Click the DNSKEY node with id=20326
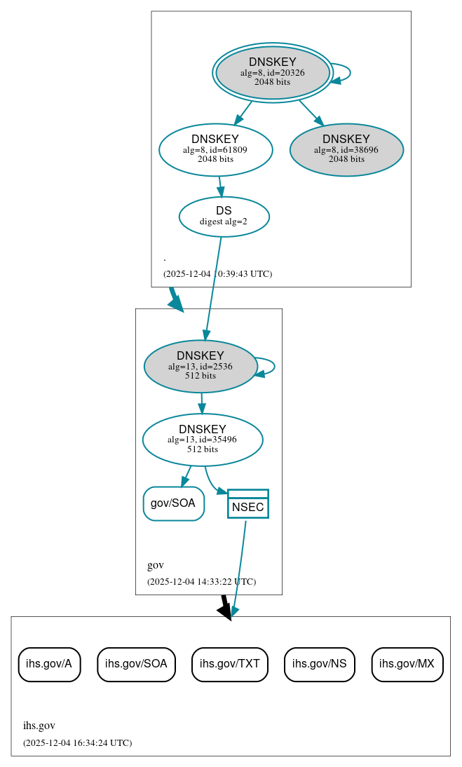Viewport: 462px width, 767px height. click(273, 73)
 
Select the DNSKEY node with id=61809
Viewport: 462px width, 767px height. click(215, 149)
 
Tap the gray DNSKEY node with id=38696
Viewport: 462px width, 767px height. click(346, 149)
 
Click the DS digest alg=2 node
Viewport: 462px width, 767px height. click(224, 216)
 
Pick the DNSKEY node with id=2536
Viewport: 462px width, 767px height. click(201, 366)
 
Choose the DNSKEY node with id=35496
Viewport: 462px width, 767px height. click(203, 440)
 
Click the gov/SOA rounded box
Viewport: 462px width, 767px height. click(173, 503)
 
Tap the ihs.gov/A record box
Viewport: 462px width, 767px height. click(49, 664)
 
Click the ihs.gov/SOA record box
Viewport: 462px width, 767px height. click(136, 664)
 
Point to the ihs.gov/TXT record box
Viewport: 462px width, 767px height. click(230, 664)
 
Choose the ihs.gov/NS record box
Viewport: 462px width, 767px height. click(320, 664)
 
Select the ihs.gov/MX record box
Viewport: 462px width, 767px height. click(407, 664)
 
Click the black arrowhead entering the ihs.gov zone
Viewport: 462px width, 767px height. click(225, 611)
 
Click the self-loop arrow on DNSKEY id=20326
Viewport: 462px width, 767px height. click(348, 73)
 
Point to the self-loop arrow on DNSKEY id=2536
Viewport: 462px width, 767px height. click(273, 366)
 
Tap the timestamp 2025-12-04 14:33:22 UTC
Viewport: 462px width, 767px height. click(201, 582)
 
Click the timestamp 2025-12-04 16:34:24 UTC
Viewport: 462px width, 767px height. click(77, 742)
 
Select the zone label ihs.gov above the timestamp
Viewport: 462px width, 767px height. click(39, 726)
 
